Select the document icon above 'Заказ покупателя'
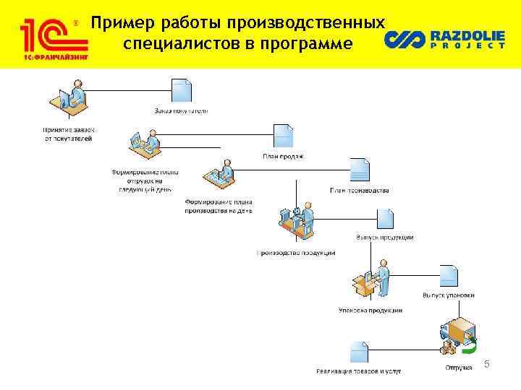[x=181, y=92]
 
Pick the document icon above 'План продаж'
[x=283, y=136]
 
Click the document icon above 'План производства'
[x=360, y=170]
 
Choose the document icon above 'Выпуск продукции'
[x=384, y=219]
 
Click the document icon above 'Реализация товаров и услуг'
[x=359, y=352]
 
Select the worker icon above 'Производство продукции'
[x=297, y=222]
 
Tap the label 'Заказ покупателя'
[x=181, y=111]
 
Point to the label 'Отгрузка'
[x=457, y=367]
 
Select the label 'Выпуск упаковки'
[x=449, y=295]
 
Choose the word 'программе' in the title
[x=307, y=44]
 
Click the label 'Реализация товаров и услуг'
[x=359, y=371]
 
